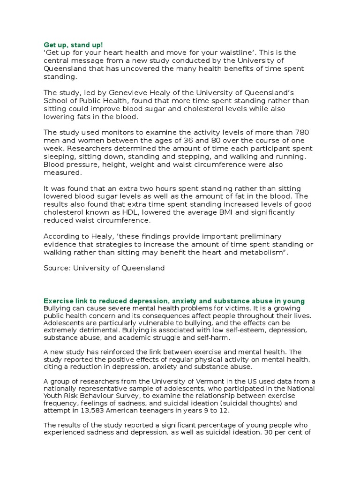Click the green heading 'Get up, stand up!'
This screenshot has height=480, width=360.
click(73, 45)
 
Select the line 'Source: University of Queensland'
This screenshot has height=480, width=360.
click(104, 268)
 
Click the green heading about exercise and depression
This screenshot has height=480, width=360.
click(174, 301)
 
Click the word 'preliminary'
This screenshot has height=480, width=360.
click(261, 236)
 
